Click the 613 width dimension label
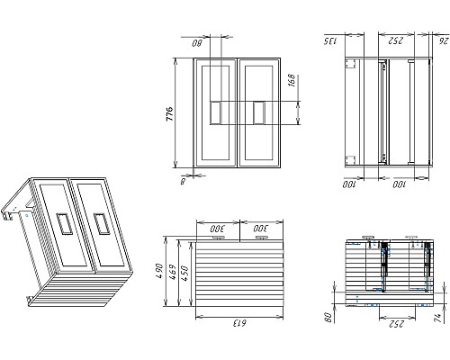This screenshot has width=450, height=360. pyautogui.click(x=238, y=321)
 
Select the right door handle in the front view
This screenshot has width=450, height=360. pyautogui.click(x=259, y=113)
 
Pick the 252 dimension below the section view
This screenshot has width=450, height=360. pyautogui.click(x=392, y=321)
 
